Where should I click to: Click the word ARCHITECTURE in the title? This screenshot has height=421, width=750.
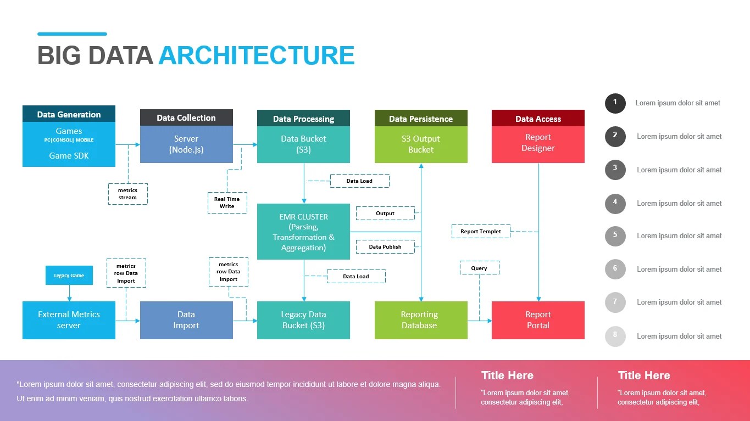(x=256, y=56)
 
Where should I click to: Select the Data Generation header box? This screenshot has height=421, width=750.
(x=69, y=114)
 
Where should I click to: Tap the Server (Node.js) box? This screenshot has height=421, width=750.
(x=186, y=144)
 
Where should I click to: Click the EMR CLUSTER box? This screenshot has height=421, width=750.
(x=303, y=232)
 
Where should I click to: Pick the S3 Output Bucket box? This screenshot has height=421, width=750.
(x=421, y=144)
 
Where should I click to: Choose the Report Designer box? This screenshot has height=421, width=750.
(x=538, y=143)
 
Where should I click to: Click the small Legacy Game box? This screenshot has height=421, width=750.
(x=69, y=276)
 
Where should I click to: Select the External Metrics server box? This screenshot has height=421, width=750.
(x=69, y=320)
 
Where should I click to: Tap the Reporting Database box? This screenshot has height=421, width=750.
(x=421, y=320)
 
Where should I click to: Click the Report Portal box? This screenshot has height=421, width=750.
(x=538, y=320)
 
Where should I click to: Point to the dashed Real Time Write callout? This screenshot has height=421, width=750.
(x=227, y=203)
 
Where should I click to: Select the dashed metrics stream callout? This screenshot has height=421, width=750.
(x=127, y=194)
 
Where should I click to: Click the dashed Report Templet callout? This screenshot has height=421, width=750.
(x=481, y=232)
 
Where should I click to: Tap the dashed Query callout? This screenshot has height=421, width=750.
(x=479, y=268)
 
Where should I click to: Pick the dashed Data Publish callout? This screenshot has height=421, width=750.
(x=385, y=247)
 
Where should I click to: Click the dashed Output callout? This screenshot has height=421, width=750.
(x=385, y=213)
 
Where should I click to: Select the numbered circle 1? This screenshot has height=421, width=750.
(x=615, y=103)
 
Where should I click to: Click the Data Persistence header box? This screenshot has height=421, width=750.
(x=421, y=119)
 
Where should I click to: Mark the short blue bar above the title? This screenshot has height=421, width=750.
(x=72, y=34)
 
